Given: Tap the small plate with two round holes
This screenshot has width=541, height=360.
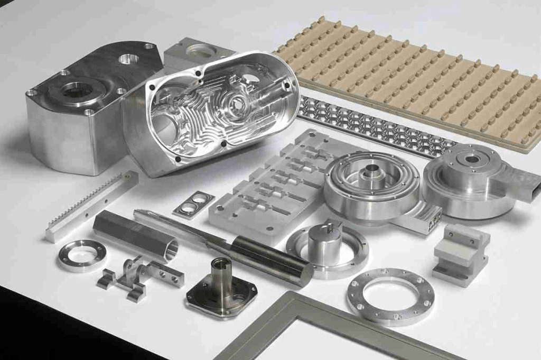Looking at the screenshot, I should click(193, 204).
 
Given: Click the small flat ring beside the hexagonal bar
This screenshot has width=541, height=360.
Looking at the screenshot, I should click(82, 255).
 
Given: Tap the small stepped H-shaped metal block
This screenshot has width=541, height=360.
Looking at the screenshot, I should click(460, 254).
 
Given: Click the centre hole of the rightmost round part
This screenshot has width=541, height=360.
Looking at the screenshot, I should click(472, 159).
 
